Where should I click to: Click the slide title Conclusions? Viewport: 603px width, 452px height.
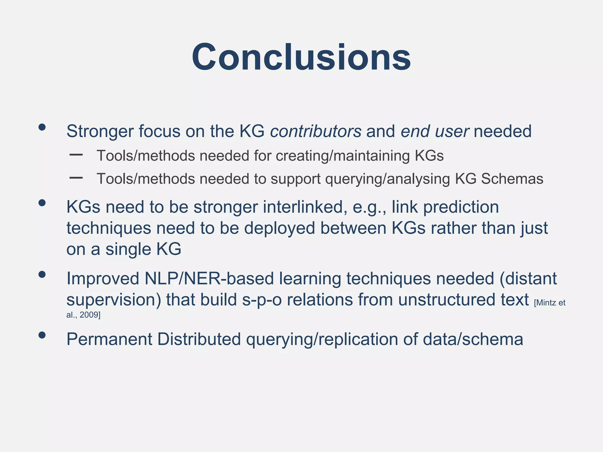(301, 57)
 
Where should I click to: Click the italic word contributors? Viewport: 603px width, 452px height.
(316, 131)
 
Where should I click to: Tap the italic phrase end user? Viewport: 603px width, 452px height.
(435, 131)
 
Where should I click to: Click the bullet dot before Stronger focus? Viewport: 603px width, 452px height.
(42, 127)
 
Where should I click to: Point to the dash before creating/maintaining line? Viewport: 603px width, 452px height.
(76, 154)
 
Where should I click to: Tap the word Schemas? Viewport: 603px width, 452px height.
(512, 179)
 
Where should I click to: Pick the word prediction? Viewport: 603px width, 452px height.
(461, 207)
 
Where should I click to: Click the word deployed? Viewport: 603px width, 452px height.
(279, 228)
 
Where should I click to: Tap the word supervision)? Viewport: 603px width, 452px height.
(114, 300)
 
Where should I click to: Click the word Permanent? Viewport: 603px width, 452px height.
(109, 339)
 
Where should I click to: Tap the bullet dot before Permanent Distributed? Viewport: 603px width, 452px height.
(42, 335)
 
